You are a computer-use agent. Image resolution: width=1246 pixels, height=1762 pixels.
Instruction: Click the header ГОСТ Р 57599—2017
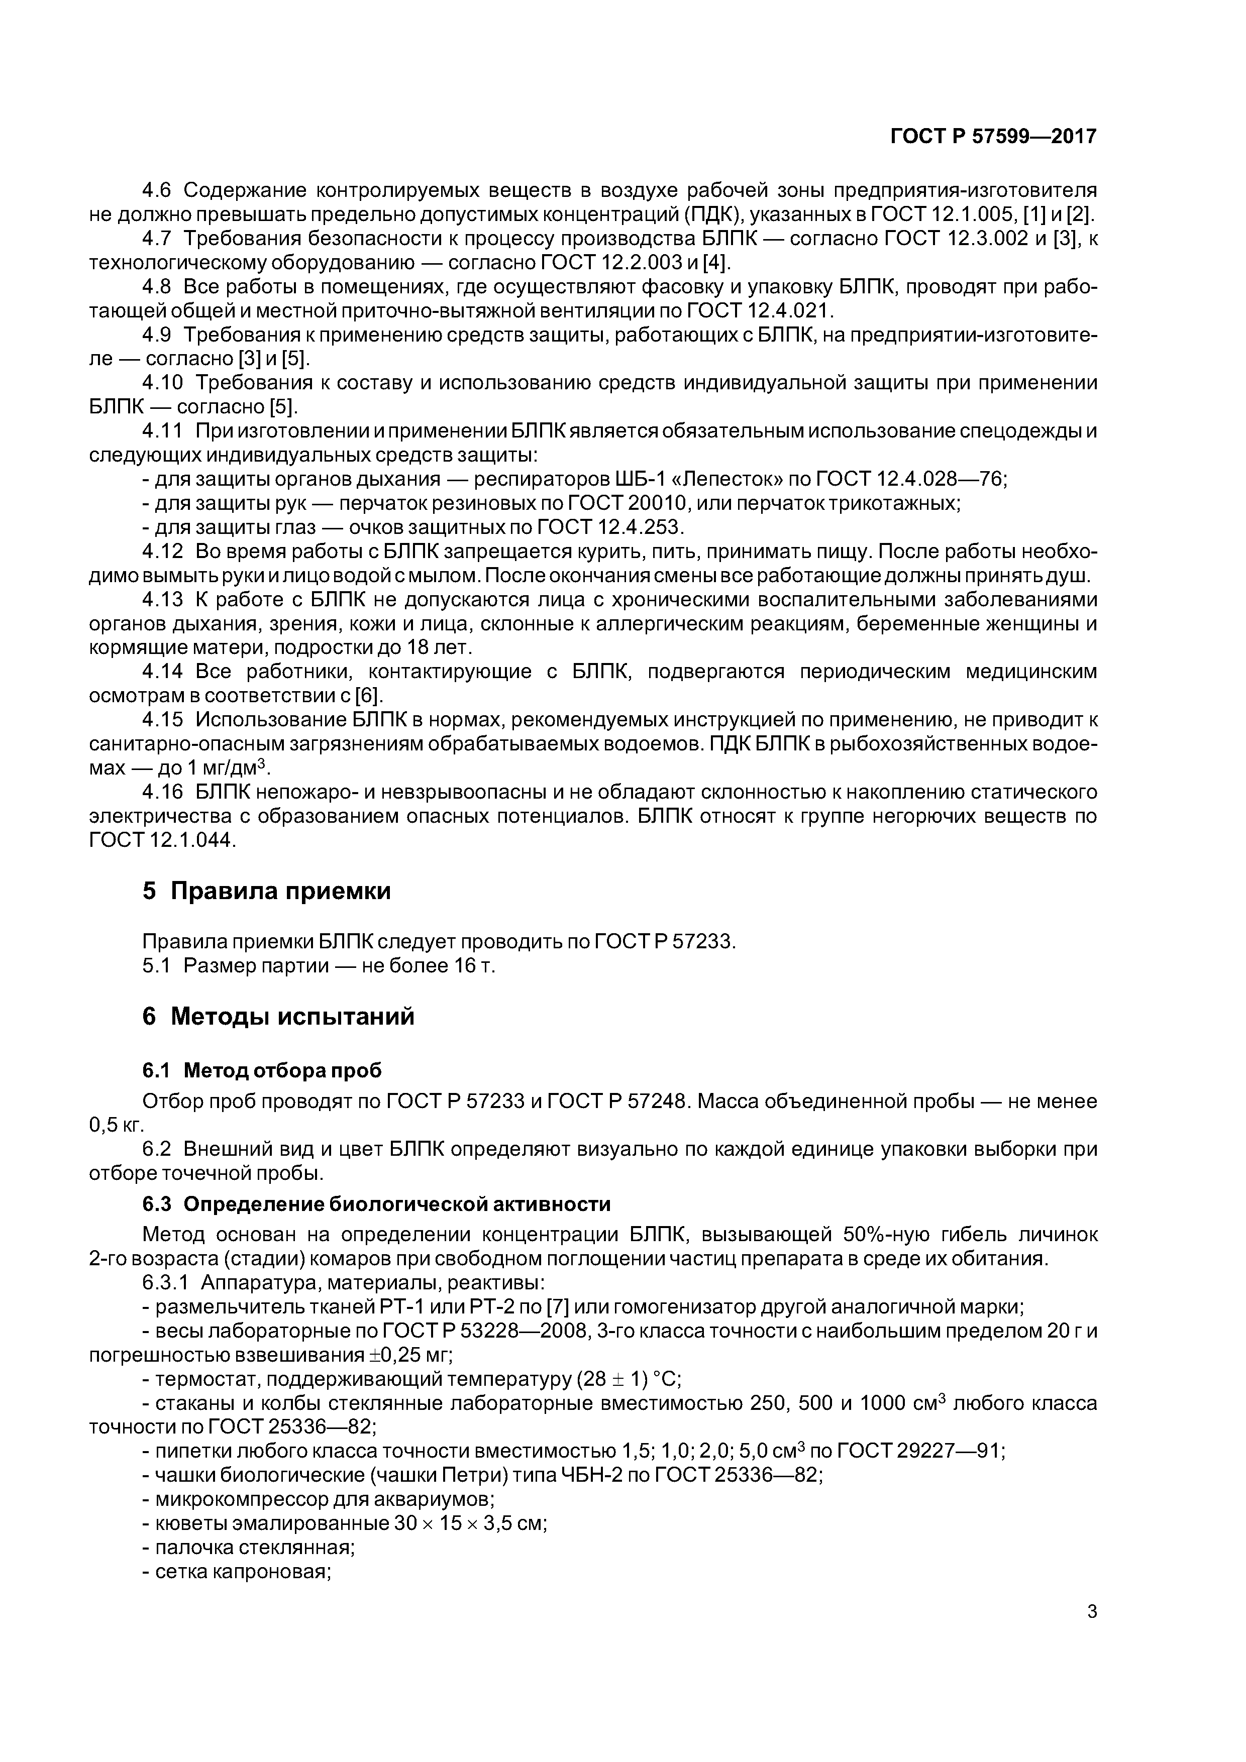pyautogui.click(x=993, y=137)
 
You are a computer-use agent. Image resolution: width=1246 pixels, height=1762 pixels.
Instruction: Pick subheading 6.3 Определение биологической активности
pyautogui.click(x=376, y=1204)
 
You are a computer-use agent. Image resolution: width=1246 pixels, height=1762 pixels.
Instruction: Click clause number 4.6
pyautogui.click(x=160, y=189)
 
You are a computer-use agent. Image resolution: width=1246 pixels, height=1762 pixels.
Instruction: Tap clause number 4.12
pyautogui.click(x=163, y=551)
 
